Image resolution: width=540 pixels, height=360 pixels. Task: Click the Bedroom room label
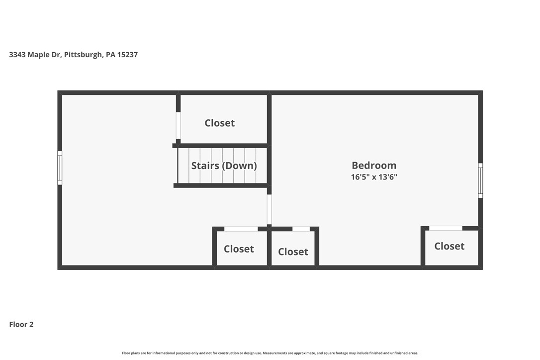374,166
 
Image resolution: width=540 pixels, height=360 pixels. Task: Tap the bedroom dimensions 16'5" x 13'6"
374,177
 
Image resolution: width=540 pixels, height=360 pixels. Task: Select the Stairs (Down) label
224,166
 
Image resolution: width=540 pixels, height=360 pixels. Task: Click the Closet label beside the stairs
220,123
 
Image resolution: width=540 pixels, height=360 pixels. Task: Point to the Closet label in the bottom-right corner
449,246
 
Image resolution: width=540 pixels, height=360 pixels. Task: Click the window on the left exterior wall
60,168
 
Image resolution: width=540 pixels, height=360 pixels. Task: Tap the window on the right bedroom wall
480,180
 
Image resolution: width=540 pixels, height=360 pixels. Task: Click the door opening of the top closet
178,125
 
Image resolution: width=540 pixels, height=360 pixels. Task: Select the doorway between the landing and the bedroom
269,209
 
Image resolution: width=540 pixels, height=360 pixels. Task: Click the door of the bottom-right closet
446,228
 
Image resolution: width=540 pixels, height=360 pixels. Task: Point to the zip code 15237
127,54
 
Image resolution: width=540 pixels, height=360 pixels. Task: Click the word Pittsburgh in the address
84,54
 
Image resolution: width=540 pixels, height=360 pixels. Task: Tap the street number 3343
17,54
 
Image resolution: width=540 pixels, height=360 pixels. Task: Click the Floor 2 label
21,324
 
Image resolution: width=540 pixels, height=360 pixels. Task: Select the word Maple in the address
39,55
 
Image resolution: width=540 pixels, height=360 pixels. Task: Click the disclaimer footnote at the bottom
270,353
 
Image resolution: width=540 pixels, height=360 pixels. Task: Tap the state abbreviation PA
110,54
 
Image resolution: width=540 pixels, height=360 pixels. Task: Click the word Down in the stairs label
240,166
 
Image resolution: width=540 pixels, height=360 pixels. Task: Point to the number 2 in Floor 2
31,324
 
